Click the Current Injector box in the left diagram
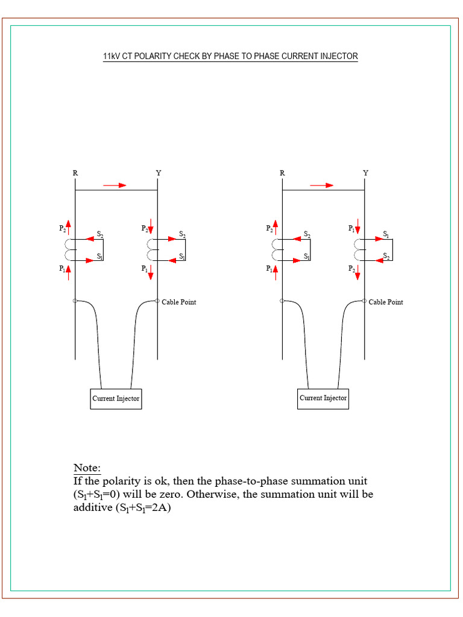pos(116,398)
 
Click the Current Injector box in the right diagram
pos(323,398)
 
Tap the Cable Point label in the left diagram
pos(178,302)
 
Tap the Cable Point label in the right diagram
pos(386,302)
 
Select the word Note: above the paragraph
pos(87,468)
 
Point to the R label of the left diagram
pos(75,173)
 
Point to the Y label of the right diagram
pos(365,173)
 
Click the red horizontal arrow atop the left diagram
pos(115,185)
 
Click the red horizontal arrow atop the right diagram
pos(322,185)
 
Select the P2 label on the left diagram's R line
pos(62,228)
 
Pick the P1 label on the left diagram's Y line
pos(145,269)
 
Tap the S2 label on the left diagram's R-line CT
pos(100,233)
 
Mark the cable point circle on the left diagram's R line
pos(75,301)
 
